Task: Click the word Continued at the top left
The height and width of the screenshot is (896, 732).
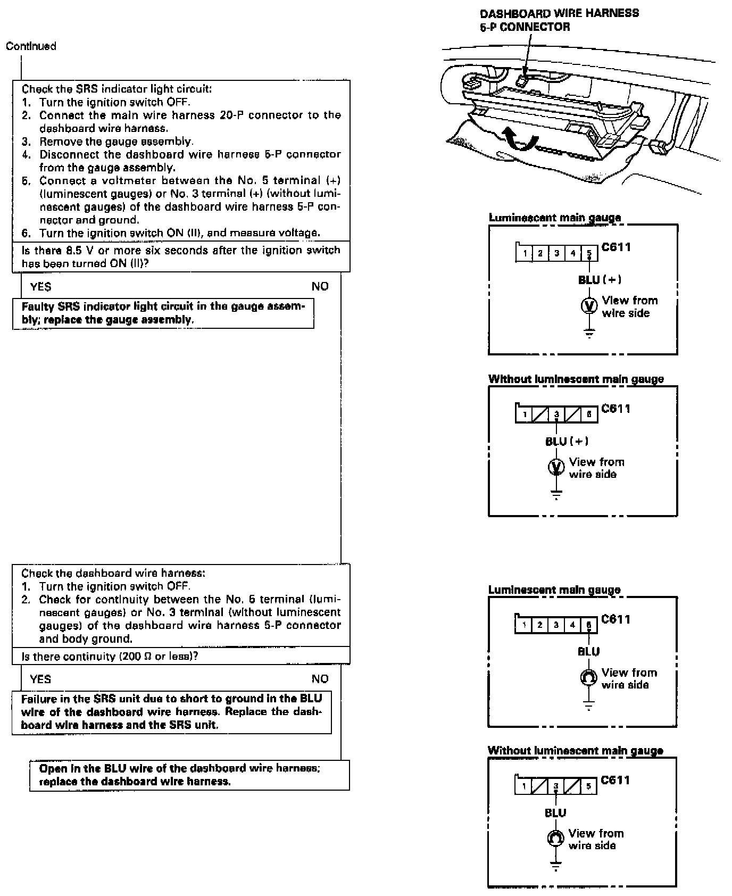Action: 31,46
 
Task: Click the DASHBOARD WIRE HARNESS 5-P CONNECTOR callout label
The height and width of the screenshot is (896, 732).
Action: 559,20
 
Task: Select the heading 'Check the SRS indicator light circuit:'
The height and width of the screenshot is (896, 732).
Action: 117,89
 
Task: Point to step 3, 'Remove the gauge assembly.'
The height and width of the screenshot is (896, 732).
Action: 115,141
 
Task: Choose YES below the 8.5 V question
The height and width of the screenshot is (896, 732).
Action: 41,287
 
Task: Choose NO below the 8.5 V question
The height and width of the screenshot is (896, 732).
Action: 320,287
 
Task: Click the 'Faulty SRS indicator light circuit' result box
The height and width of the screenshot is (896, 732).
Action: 163,313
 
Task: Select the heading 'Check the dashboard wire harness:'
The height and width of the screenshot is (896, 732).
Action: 113,573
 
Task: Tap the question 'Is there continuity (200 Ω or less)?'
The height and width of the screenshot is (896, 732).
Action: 110,656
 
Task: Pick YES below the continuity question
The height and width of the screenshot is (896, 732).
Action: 41,679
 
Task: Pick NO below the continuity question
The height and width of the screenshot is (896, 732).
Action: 320,679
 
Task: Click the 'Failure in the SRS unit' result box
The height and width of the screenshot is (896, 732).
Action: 171,712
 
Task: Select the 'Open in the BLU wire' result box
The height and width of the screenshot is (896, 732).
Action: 189,775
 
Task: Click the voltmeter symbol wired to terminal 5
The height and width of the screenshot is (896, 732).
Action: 589,306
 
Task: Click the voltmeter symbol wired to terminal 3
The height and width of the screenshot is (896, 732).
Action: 556,467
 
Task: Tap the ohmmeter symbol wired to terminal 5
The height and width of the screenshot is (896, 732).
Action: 588,677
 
